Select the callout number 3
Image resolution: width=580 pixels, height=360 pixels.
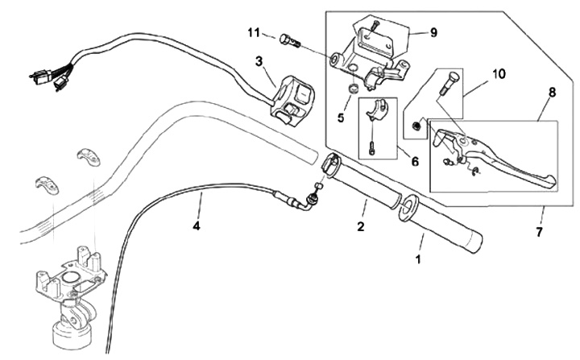(259, 60)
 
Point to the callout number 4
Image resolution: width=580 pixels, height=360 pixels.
(196, 226)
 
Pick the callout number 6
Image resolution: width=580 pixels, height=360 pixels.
(414, 161)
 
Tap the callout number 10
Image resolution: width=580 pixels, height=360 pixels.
(499, 73)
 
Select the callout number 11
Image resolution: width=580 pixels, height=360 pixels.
(254, 32)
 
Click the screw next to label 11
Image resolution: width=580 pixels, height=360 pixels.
(290, 39)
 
